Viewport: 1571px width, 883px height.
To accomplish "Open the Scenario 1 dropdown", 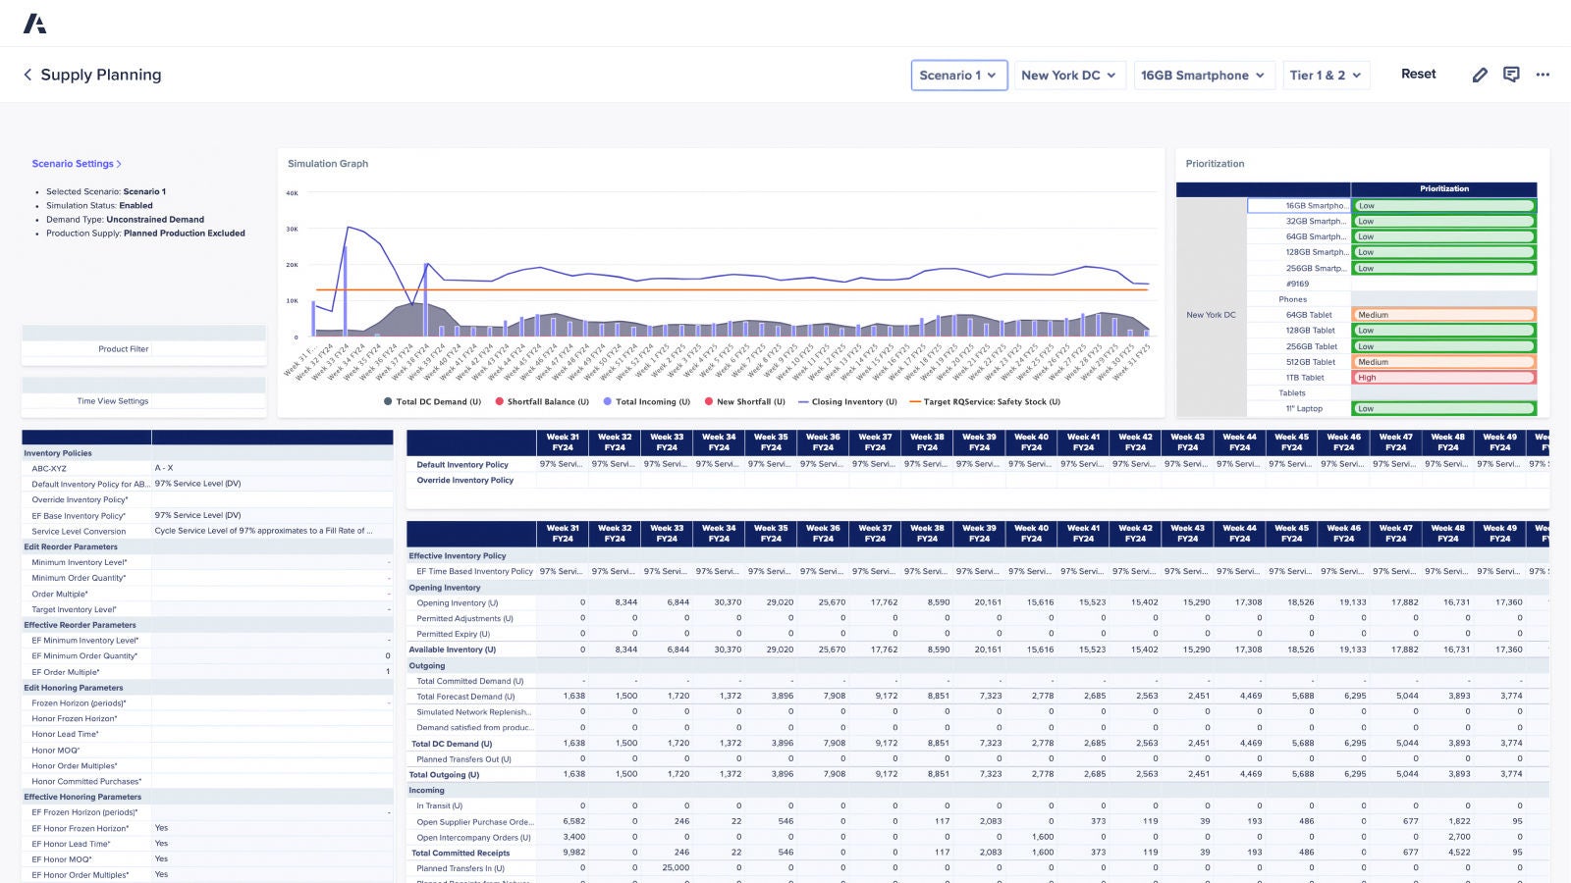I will point(958,76).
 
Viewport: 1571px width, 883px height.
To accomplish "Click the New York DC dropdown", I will point(1068,76).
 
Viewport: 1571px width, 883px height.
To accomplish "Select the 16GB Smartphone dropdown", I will point(1203,76).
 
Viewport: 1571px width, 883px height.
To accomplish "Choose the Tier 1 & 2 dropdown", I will point(1326,76).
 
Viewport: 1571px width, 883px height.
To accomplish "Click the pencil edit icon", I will point(1480,75).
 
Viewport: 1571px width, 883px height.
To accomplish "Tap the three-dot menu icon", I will point(1543,75).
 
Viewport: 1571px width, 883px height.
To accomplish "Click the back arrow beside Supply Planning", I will point(27,75).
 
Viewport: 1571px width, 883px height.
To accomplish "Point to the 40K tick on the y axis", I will point(292,193).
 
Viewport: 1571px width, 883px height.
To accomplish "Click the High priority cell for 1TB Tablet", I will point(1442,378).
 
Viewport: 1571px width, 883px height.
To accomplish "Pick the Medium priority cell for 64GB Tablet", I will point(1442,315).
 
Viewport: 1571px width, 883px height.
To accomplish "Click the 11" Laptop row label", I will point(1304,408).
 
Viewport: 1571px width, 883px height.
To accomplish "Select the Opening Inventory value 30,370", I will point(728,602).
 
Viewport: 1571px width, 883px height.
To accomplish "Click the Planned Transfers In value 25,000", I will point(676,868).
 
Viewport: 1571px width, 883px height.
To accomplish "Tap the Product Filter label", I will point(124,349).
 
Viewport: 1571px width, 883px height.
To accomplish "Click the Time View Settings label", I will point(113,401).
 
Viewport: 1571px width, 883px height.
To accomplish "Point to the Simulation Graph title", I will point(328,164).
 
